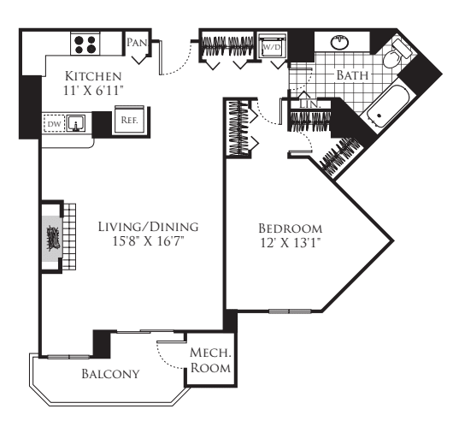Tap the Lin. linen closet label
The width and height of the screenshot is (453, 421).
click(309, 104)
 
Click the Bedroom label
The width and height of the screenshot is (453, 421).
click(291, 229)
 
